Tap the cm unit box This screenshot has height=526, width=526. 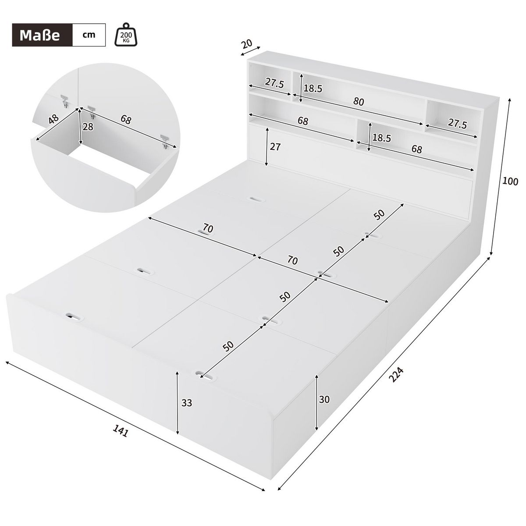pyautogui.click(x=89, y=35)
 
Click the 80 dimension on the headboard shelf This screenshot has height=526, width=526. pyautogui.click(x=359, y=102)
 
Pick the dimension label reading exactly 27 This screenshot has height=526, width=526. pyautogui.click(x=275, y=147)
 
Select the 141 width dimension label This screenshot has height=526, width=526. pyautogui.click(x=120, y=432)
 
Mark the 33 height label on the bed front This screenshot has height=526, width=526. pyautogui.click(x=187, y=403)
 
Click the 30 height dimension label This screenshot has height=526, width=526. pyautogui.click(x=324, y=399)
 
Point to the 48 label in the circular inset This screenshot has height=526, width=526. pyautogui.click(x=54, y=120)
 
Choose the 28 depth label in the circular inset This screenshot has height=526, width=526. pyautogui.click(x=88, y=127)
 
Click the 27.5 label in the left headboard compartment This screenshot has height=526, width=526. pyautogui.click(x=274, y=84)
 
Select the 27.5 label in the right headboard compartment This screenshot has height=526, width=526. pyautogui.click(x=458, y=124)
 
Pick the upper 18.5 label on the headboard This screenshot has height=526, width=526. pyautogui.click(x=313, y=89)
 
